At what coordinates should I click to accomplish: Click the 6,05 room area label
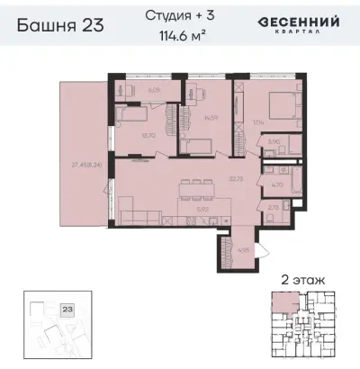click(153, 90)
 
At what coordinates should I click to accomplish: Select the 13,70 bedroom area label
click(142, 136)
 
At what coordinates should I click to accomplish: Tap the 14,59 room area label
click(211, 118)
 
